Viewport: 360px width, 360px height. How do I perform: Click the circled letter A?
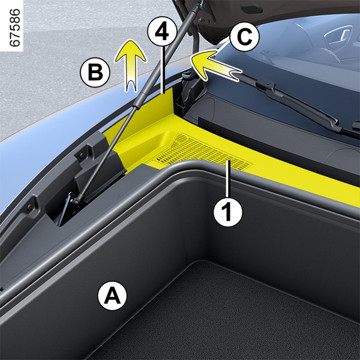112,296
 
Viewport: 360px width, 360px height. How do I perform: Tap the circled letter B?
95,73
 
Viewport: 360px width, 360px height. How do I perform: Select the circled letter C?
244,37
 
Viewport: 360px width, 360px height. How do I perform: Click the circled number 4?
163,31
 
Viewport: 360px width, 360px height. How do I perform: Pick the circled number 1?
228,212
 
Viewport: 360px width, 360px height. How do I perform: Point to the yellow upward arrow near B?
131,66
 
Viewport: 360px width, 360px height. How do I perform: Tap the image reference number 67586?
15,28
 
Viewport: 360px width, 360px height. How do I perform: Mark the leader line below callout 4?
163,70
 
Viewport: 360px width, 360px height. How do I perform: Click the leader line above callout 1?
228,179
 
